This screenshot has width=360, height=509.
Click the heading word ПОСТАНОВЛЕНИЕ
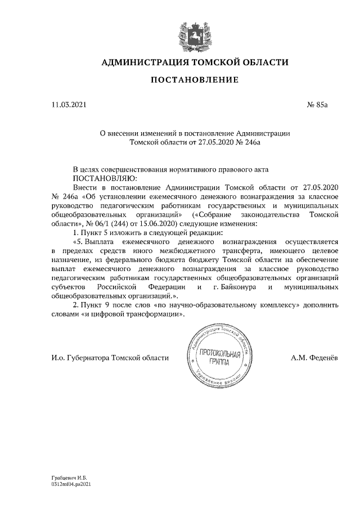pos(195,80)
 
